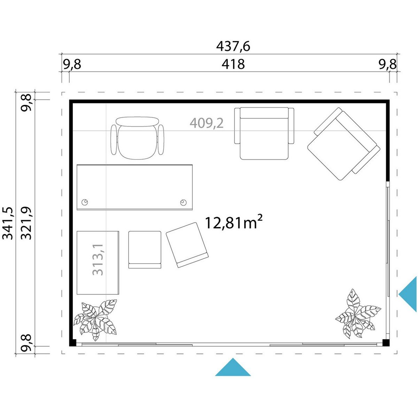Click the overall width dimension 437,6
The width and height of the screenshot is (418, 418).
233,46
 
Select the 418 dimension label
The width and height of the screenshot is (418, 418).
233,64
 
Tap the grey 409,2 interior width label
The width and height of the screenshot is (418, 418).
207,123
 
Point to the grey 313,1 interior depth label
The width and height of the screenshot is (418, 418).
98,260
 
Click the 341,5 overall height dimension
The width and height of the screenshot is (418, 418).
8,223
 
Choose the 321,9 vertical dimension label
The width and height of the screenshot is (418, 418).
26,223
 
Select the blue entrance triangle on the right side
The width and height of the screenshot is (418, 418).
408,294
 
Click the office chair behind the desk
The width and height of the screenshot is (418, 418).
137,138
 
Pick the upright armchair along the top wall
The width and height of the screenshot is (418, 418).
264,133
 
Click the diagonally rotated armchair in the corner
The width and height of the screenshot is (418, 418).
343,144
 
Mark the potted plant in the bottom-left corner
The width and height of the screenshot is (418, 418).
95,319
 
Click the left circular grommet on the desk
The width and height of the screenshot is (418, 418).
85,202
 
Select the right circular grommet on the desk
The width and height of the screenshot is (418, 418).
183,202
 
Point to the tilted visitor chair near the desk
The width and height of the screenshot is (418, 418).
187,245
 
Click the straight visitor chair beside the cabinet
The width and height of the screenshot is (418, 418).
145,250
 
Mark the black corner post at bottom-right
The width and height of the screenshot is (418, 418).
386,342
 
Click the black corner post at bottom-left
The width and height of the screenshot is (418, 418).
73,342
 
